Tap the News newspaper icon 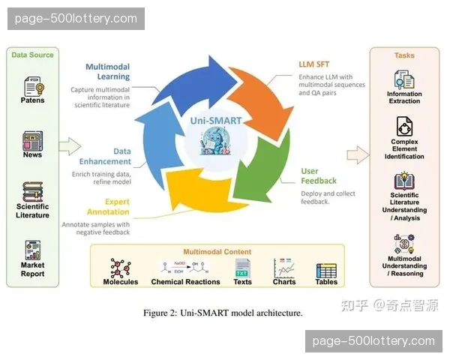point(32,139)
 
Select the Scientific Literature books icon point(32,190)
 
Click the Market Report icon point(32,250)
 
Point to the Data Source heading point(33,55)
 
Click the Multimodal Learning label point(107,71)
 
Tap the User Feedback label point(319,176)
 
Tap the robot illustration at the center point(222,141)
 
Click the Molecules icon point(120,268)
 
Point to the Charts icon point(284,268)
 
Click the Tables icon point(325,269)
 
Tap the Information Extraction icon point(404,79)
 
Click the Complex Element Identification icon point(404,126)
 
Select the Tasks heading point(404,55)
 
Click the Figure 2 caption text point(223,313)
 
